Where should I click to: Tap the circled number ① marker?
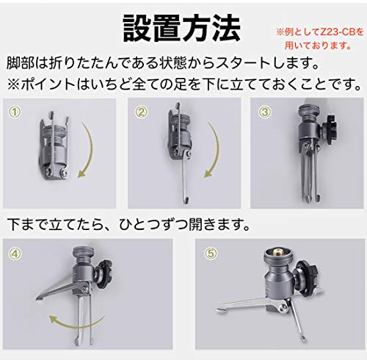click(15, 112)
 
